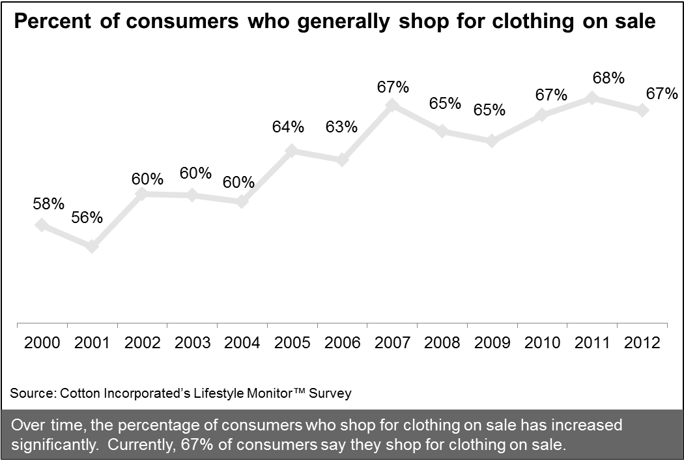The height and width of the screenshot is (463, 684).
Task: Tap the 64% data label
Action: [288, 127]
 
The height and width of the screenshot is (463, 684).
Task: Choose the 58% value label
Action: [48, 203]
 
